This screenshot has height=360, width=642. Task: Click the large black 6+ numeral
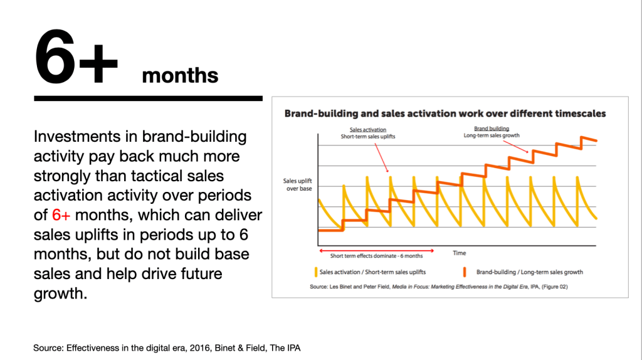pos(76,56)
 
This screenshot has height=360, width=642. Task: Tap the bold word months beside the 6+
pos(180,75)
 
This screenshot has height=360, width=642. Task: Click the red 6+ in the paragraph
pos(61,214)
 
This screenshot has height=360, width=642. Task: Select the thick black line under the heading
pos(148,98)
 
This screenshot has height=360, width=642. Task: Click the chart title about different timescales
pos(445,114)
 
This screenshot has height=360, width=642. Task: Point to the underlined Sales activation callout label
pos(367,130)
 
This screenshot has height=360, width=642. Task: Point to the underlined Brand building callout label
pos(492,129)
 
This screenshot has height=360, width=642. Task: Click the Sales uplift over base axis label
pos(298,185)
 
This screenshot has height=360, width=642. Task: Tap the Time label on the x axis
pos(460,253)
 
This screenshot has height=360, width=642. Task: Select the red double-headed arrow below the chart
pos(376,250)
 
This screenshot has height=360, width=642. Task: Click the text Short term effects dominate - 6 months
pos(376,256)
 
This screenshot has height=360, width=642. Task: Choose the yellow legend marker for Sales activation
pos(316,272)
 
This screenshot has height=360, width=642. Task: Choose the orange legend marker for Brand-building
pos(465,272)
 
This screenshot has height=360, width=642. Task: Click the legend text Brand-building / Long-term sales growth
pos(529,272)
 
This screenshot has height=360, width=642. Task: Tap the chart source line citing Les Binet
pos(438,287)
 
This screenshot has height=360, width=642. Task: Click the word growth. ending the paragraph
pos(60,294)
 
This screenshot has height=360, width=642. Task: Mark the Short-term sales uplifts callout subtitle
pos(367,136)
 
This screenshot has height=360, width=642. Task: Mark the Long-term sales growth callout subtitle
pos(492,135)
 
